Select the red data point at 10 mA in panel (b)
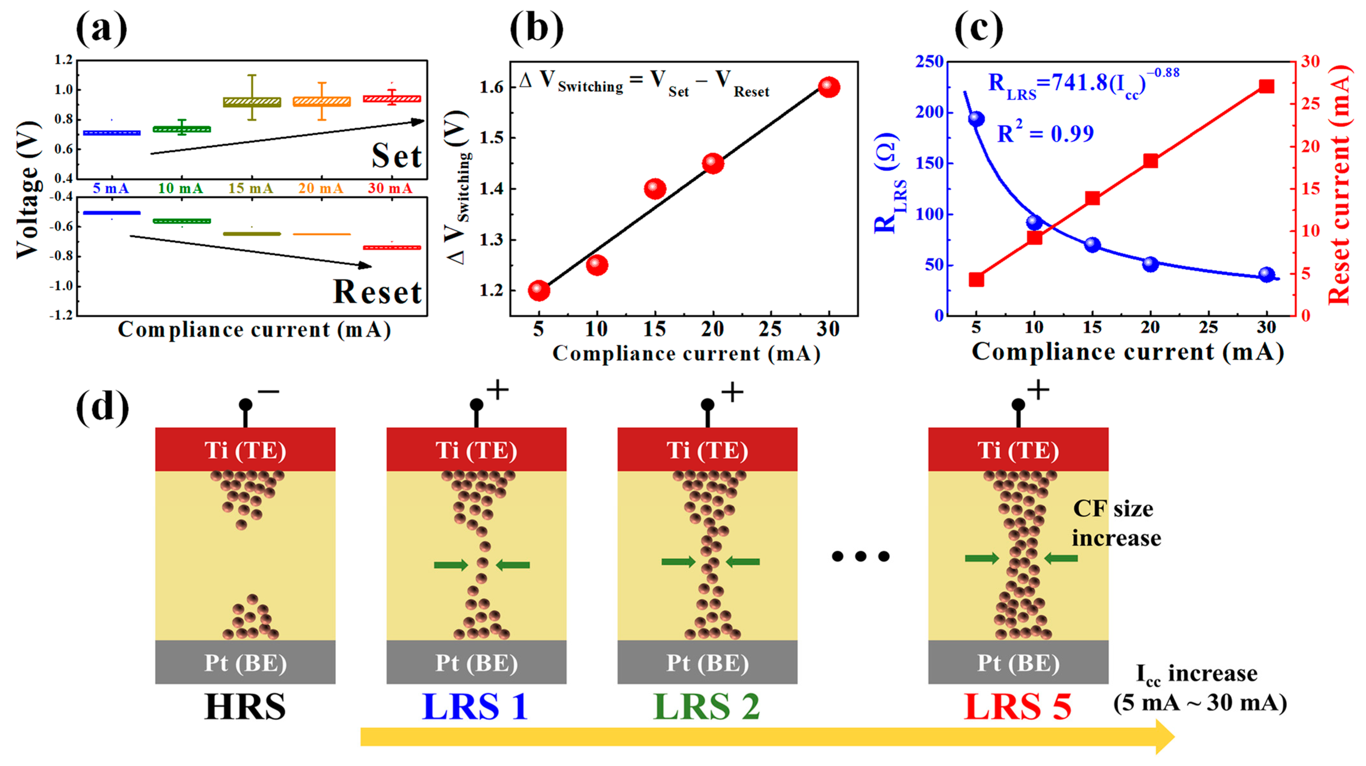tap(597, 265)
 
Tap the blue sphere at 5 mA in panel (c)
tap(976, 119)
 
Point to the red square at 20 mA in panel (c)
tap(1150, 161)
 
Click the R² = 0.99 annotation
tap(1045, 133)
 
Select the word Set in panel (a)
tap(396, 156)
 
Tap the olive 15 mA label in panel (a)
tap(251, 188)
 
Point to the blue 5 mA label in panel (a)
tap(111, 188)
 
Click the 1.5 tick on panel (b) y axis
tap(492, 138)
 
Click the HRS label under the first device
tap(245, 707)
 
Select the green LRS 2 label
tap(707, 707)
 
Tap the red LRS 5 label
tap(1017, 707)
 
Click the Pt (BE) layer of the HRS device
tap(245, 662)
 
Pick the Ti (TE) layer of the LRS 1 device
tap(476, 450)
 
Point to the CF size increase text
tap(1116, 523)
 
